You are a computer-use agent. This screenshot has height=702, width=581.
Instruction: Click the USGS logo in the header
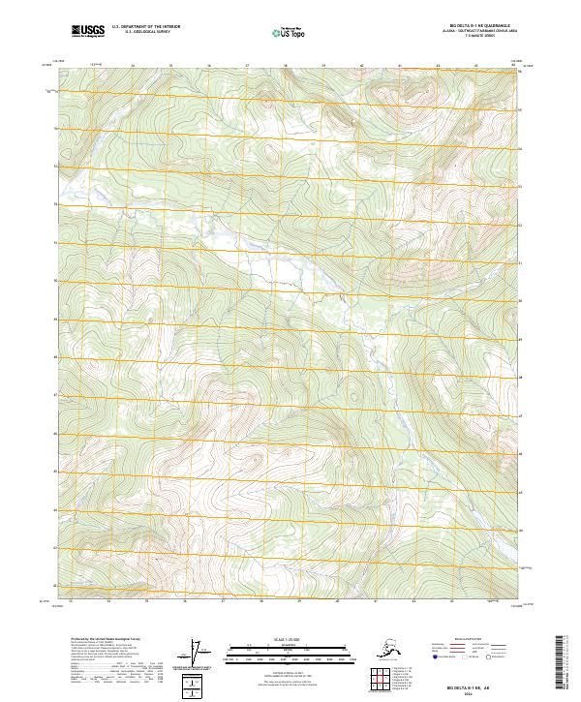pyautogui.click(x=87, y=32)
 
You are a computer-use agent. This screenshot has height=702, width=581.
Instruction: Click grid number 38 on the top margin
pyautogui.click(x=286, y=67)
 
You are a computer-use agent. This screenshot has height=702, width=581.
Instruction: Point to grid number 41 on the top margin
pyautogui.click(x=400, y=67)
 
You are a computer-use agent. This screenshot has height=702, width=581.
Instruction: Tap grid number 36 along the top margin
pyautogui.click(x=209, y=67)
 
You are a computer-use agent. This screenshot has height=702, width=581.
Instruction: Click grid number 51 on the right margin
pyautogui.click(x=520, y=261)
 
